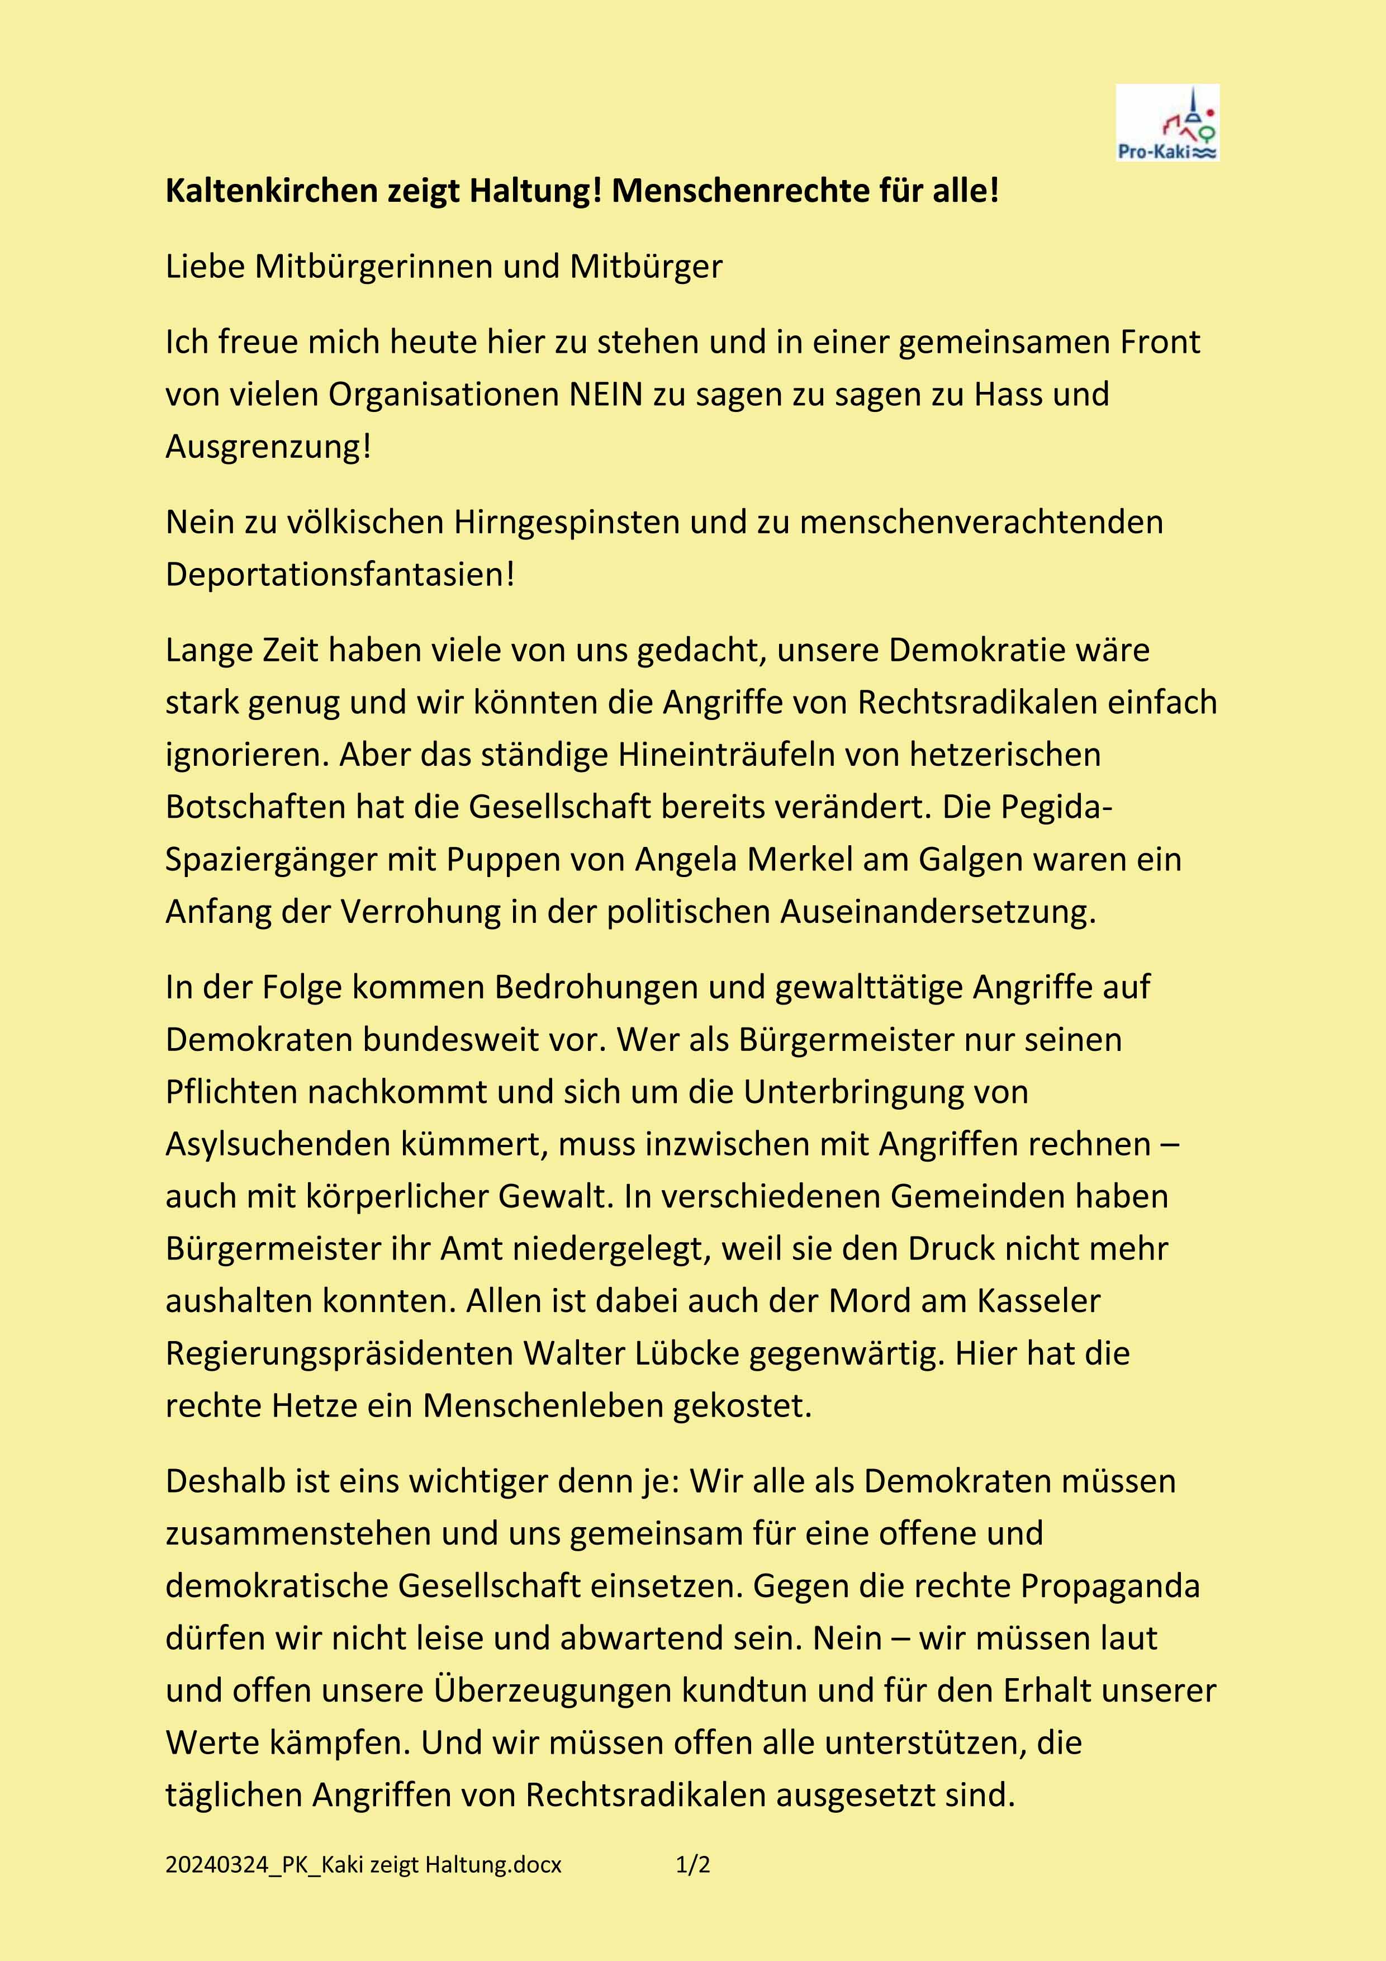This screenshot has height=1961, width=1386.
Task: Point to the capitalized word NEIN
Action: pos(605,395)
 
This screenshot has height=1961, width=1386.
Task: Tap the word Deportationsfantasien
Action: pos(340,575)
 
